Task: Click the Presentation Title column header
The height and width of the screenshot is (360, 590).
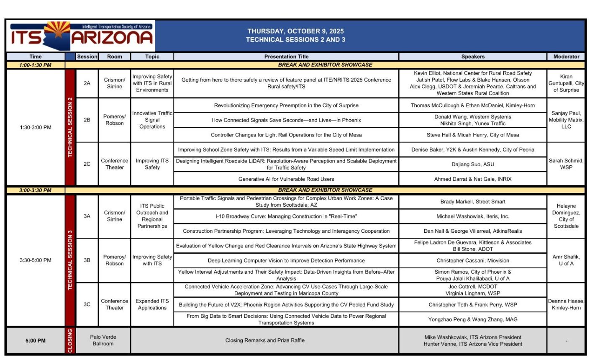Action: click(x=286, y=57)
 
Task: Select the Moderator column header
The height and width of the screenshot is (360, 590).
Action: click(x=566, y=57)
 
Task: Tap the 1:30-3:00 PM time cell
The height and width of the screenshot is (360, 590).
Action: click(x=36, y=127)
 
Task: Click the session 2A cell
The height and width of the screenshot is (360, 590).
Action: click(x=87, y=83)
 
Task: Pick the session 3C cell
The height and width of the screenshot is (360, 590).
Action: click(x=87, y=304)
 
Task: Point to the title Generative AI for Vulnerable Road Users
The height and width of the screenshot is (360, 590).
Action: click(x=286, y=179)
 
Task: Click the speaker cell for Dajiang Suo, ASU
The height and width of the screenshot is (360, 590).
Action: click(x=472, y=164)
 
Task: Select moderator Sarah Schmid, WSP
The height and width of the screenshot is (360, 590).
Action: click(x=566, y=164)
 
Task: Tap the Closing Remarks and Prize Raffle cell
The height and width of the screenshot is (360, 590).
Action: click(x=265, y=340)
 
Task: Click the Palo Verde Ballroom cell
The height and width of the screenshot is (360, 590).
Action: click(x=103, y=340)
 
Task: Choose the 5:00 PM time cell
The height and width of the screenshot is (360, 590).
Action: click(x=36, y=340)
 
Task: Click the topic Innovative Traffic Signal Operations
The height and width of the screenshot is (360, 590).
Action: click(x=152, y=120)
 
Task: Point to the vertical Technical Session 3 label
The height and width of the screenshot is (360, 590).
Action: click(x=70, y=260)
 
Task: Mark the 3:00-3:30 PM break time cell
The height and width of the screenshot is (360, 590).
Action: click(x=36, y=190)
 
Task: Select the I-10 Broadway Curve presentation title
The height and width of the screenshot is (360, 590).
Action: click(x=286, y=216)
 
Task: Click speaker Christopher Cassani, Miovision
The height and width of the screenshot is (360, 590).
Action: click(x=472, y=260)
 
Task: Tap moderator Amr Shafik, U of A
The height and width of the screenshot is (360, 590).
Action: click(x=566, y=260)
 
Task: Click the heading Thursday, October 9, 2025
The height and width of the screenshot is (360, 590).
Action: click(x=295, y=31)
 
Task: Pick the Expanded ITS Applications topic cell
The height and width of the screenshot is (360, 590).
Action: click(x=152, y=304)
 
